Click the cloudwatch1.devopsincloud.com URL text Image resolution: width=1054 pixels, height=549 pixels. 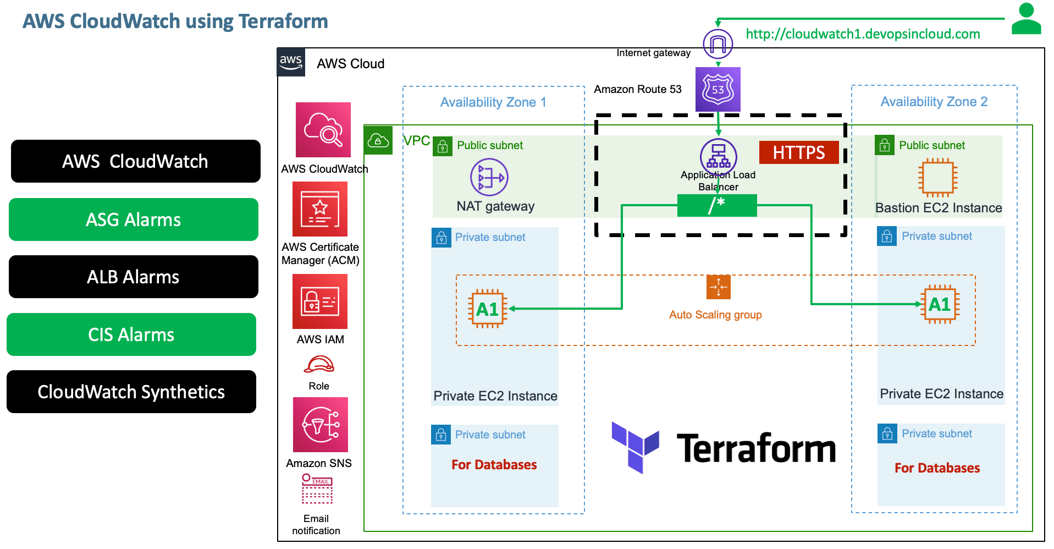862,34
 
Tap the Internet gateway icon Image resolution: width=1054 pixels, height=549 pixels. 718,43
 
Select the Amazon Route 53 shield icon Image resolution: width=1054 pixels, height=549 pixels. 718,89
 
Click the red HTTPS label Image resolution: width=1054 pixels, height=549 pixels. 798,152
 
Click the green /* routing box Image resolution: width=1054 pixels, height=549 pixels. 716,205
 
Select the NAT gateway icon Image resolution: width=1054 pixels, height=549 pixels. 489,177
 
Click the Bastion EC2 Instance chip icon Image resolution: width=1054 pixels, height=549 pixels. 937,178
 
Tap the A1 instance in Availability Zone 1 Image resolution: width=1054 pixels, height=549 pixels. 487,309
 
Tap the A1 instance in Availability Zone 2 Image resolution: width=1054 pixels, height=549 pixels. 940,304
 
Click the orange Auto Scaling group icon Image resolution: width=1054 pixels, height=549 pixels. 718,287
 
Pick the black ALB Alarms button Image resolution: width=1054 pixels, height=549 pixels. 134,277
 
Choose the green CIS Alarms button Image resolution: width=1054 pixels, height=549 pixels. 131,334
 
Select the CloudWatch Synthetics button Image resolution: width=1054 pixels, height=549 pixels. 131,392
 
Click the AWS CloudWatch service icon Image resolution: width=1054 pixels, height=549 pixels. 323,130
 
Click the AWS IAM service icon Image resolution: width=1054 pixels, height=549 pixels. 320,301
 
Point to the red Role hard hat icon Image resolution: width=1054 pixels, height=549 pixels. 319,364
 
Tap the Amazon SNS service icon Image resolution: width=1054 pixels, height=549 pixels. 321,425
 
